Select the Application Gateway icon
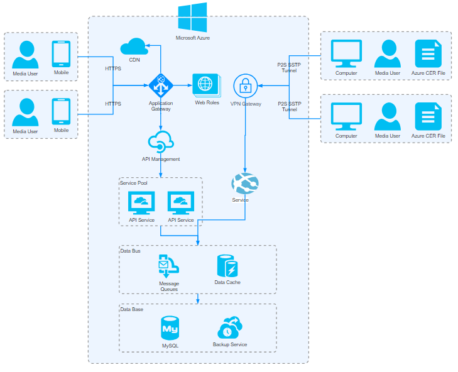[161, 84]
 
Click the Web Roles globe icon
[206, 84]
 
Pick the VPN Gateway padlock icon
[245, 85]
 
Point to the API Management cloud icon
[160, 141]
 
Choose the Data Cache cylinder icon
[227, 266]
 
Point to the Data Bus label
[131, 251]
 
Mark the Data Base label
[132, 309]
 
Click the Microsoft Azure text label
[192, 38]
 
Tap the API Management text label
[161, 159]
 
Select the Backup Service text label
[230, 344]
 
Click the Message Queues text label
[169, 287]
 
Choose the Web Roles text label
[207, 102]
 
